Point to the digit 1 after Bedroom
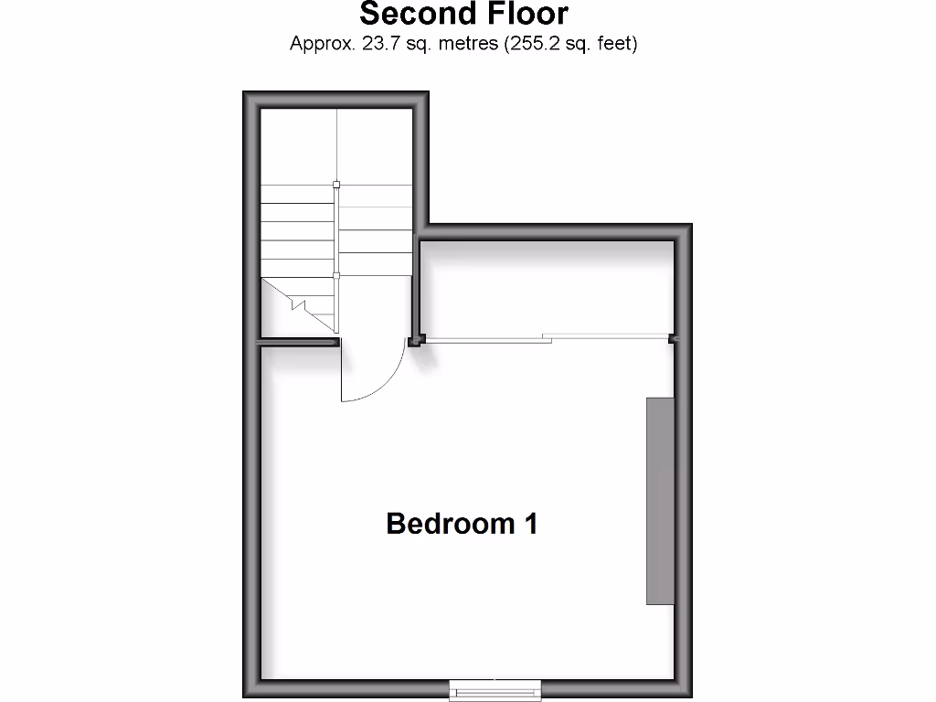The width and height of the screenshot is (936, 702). click(x=529, y=524)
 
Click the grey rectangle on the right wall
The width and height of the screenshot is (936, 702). click(x=660, y=501)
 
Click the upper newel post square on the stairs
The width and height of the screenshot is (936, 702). click(x=336, y=185)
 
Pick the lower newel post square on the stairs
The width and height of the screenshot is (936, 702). click(x=336, y=275)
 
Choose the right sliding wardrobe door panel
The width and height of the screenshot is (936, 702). click(x=610, y=337)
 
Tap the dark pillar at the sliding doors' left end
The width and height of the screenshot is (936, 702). click(x=416, y=341)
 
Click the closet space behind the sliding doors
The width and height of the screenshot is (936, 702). click(x=547, y=288)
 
